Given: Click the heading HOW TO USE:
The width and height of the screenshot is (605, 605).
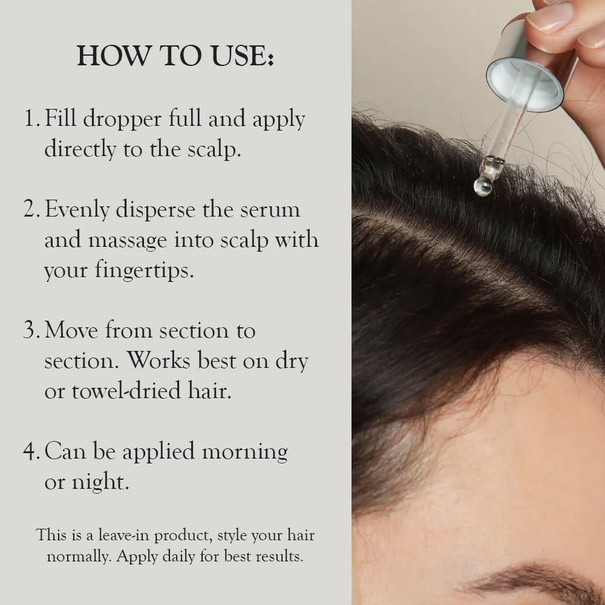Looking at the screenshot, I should pyautogui.click(x=175, y=56).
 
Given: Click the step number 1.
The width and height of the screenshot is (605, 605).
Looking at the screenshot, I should pyautogui.click(x=31, y=119).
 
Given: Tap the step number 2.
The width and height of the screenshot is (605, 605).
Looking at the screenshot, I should pyautogui.click(x=31, y=209).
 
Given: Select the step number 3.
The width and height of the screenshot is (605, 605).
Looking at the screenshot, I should pyautogui.click(x=31, y=331).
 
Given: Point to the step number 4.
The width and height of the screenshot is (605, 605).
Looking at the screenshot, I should pyautogui.click(x=31, y=452).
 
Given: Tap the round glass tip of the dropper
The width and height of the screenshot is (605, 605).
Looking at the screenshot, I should pyautogui.click(x=483, y=186).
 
